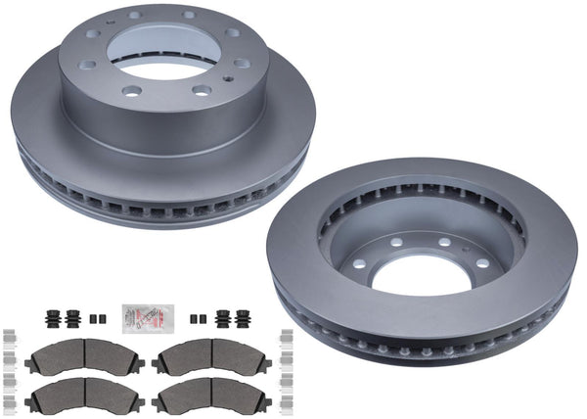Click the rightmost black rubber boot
coord(241,318)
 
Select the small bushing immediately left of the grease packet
coord(101,317)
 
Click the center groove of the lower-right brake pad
coord(212,396)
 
